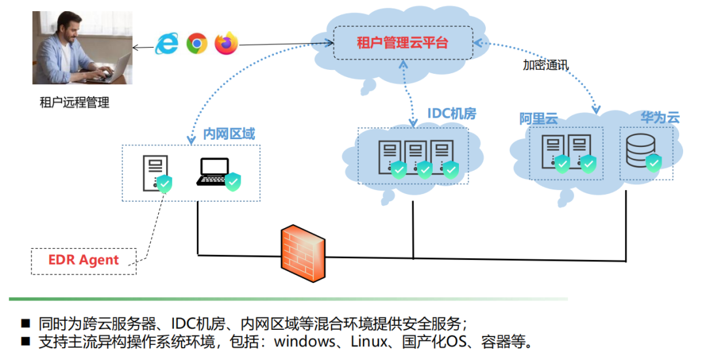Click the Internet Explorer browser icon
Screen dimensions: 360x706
pos(167,44)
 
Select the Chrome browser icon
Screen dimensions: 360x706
pos(197,44)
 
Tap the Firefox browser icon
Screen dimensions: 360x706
pos(226,44)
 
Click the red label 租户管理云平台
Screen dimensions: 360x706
pos(402,43)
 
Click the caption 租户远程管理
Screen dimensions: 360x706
pos(75,102)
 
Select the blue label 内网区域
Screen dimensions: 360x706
pos(229,134)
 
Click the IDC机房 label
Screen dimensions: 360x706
pos(452,114)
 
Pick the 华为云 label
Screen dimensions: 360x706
pos(660,118)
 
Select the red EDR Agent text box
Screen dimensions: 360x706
pos(84,260)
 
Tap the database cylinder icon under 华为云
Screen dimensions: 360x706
pos(640,150)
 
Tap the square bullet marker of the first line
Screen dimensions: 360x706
pos(25,323)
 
